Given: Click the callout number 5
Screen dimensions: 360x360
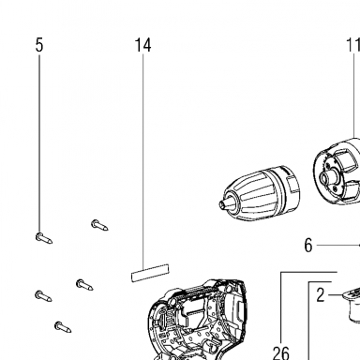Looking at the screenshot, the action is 39,45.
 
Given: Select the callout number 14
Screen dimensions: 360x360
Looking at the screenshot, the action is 143,45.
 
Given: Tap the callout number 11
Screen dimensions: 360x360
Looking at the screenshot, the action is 353,45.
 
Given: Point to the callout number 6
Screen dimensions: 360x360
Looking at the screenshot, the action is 308,246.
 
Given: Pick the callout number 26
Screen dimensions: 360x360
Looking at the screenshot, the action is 281,353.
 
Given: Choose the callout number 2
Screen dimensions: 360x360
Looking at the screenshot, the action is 321,295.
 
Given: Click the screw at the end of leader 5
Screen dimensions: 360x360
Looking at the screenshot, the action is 44,238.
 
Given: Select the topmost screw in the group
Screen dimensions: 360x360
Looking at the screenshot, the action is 99,225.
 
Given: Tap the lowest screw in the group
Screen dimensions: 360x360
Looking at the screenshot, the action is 63,327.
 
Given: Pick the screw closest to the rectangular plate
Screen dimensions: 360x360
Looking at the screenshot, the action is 84,284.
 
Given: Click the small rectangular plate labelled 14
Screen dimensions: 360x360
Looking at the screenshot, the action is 150,273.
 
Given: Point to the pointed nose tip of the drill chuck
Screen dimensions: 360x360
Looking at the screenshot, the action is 220,204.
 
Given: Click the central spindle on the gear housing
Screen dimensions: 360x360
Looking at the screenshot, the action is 327,178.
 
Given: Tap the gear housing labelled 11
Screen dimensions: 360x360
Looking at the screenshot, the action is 337,172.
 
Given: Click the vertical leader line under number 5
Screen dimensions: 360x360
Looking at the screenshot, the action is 39,144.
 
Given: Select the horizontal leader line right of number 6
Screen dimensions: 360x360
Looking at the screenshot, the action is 338,246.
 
